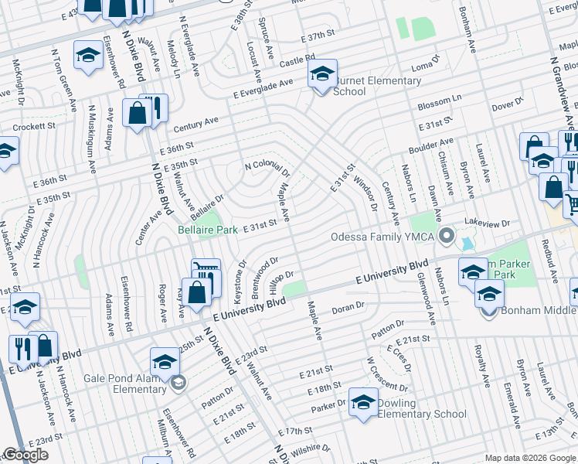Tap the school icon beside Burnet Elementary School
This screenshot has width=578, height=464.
(x=322, y=75)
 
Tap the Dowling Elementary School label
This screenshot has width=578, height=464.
(x=422, y=408)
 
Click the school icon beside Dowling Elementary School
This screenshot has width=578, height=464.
(x=363, y=402)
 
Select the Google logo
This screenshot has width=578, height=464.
(x=25, y=455)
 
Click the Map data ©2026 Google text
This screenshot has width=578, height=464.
(x=530, y=458)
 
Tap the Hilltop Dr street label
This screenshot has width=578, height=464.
(x=281, y=280)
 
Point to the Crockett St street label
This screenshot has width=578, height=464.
(x=31, y=125)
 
